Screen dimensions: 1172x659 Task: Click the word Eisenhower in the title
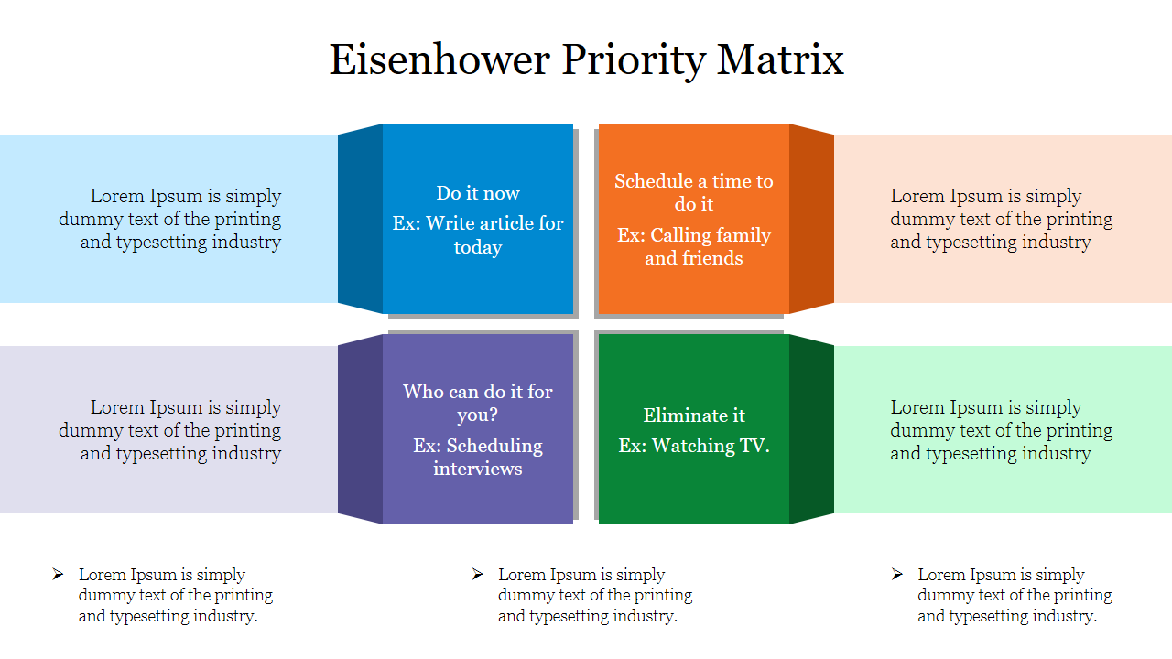(x=439, y=59)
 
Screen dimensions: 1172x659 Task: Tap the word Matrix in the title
(x=780, y=59)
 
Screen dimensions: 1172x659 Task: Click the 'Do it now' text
(x=478, y=193)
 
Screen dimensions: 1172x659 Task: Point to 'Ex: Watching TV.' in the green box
(x=694, y=446)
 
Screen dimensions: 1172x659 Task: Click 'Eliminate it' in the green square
(x=694, y=416)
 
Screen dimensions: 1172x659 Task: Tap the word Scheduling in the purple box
(x=494, y=446)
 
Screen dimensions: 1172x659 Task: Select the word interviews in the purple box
(x=478, y=469)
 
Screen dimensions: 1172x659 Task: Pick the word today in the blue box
(x=478, y=247)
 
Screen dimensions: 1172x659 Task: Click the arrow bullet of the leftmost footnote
(x=58, y=574)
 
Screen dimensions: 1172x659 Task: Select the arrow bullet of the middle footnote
(x=477, y=574)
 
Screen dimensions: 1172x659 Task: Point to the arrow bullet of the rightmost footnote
(x=896, y=574)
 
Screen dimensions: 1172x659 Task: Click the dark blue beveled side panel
(x=360, y=219)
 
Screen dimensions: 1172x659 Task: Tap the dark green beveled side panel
(x=811, y=429)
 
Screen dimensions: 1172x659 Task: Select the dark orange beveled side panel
(x=811, y=219)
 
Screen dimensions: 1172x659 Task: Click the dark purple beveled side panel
(x=360, y=429)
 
